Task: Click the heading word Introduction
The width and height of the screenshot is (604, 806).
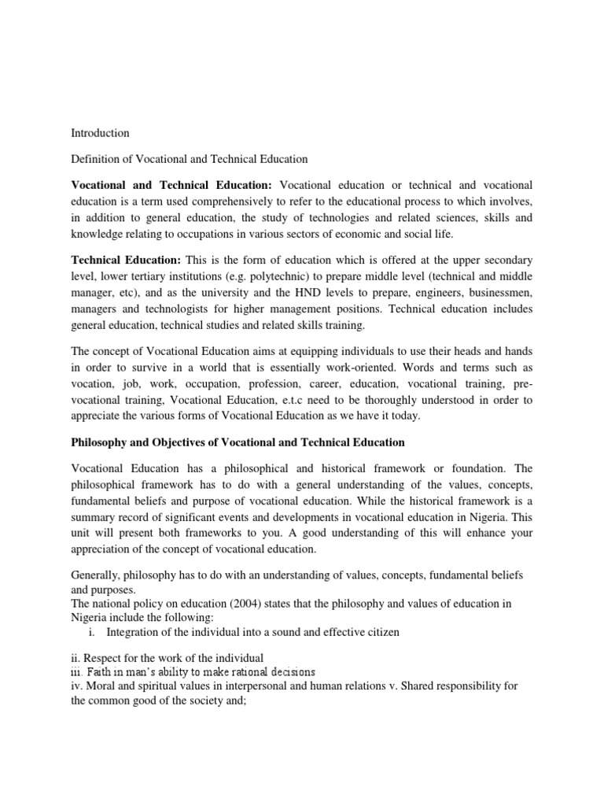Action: point(101,133)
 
